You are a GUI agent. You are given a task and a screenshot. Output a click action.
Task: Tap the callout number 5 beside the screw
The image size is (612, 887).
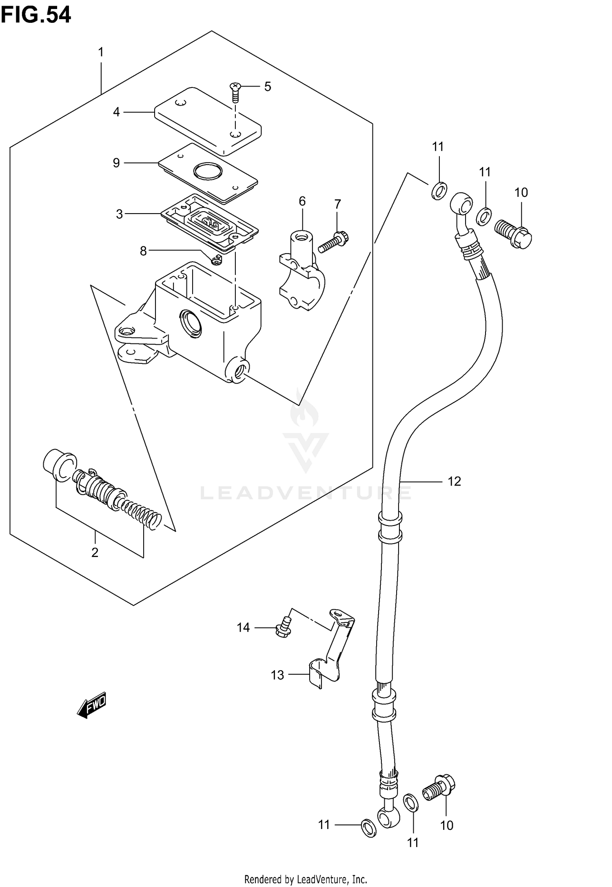(267, 87)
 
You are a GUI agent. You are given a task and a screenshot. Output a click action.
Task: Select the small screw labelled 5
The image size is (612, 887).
(235, 92)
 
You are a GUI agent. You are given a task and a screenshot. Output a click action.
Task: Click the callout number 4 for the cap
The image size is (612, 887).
(117, 112)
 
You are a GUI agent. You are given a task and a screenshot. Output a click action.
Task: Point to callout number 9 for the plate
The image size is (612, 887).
(117, 163)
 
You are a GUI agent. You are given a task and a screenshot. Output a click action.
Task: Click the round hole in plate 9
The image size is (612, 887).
(207, 171)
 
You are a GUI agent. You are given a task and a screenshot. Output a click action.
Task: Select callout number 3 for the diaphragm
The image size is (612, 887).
(119, 214)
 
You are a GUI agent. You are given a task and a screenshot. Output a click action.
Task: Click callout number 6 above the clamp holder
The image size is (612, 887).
(302, 201)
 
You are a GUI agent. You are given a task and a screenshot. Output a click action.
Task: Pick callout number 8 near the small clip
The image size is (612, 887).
(143, 251)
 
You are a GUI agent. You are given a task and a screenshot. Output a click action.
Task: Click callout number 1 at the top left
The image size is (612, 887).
(101, 52)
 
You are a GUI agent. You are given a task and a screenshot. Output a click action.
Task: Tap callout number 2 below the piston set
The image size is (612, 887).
(95, 553)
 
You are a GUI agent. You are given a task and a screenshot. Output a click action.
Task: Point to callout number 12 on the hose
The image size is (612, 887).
(454, 481)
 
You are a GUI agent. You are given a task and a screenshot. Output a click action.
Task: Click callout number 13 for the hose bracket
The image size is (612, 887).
(277, 675)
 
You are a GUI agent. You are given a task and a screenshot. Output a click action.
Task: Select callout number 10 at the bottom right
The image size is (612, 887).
(447, 825)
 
